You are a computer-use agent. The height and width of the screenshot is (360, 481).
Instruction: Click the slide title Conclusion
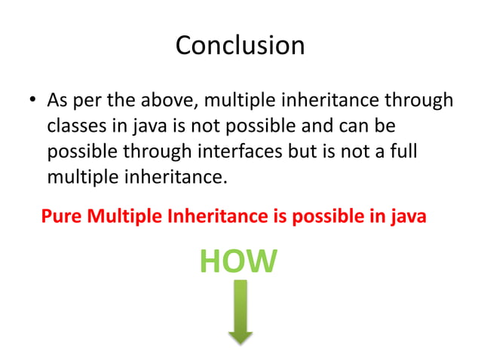pyautogui.click(x=240, y=45)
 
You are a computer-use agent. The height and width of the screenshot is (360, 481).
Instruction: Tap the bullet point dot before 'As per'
pyautogui.click(x=32, y=101)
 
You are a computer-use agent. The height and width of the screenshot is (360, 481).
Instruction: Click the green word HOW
pyautogui.click(x=239, y=261)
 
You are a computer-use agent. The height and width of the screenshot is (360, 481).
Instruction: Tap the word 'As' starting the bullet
pyautogui.click(x=57, y=100)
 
